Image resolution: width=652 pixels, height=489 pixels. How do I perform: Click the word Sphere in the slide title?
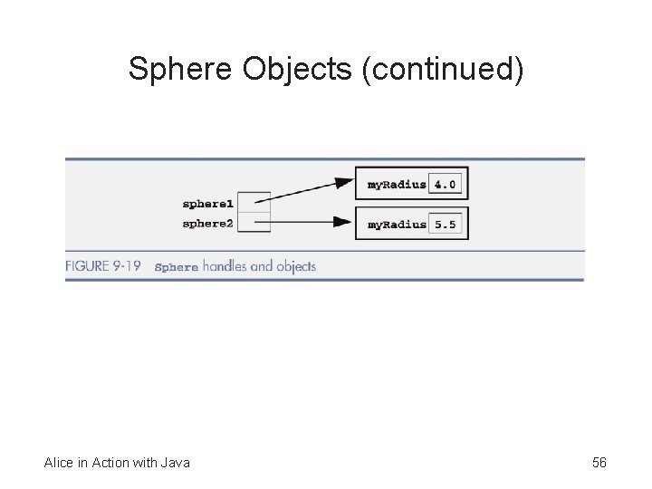click(182, 69)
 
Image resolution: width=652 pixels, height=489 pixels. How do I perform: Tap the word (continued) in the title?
click(442, 69)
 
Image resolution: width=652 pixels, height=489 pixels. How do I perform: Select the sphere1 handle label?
click(207, 204)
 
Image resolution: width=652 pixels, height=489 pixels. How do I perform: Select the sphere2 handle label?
click(207, 223)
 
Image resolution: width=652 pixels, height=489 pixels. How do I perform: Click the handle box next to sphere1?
click(259, 203)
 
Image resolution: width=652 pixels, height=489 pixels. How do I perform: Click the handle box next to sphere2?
click(259, 223)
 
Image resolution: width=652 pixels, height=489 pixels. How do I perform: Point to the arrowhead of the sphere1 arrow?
click(343, 183)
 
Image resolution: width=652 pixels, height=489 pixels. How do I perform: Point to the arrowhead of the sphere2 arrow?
click(343, 222)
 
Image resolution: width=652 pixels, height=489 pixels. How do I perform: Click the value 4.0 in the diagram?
click(445, 185)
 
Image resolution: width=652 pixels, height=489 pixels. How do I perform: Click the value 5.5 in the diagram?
click(445, 224)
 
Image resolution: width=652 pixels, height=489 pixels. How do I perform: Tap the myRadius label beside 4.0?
click(396, 185)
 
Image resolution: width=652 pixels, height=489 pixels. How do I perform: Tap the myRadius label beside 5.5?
click(396, 224)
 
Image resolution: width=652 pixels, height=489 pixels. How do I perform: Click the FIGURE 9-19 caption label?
click(102, 266)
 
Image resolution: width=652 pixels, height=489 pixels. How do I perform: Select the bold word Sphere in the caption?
click(176, 267)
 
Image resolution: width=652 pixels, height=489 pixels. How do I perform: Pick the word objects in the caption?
click(293, 266)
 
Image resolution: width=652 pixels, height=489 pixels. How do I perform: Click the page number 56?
click(599, 463)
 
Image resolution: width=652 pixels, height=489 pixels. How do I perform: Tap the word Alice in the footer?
click(60, 463)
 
